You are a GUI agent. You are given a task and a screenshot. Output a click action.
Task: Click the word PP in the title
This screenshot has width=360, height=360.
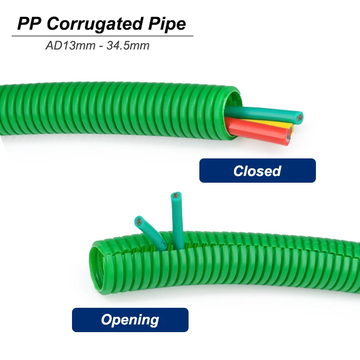30,23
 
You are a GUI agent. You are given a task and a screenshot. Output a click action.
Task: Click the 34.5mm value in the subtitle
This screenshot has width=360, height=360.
128,45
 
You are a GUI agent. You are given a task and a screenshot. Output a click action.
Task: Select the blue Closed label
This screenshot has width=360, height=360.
257,171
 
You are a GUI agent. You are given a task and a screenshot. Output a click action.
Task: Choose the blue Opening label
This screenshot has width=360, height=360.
130,319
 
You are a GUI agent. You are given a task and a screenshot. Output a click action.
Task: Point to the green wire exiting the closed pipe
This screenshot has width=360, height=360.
261,112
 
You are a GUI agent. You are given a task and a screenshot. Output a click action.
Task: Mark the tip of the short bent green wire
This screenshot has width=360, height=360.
139,221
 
